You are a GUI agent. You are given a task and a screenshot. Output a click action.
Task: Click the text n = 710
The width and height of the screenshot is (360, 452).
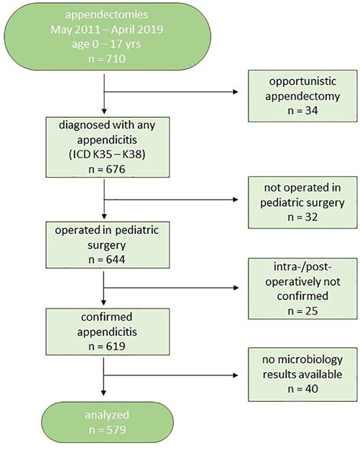[107, 58]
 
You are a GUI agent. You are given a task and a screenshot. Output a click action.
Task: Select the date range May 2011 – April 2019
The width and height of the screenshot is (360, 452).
[107, 30]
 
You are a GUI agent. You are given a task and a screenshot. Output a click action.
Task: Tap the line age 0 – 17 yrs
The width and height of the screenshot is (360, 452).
[106, 44]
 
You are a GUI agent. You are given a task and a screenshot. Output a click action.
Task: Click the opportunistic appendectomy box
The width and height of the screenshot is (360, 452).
[302, 96]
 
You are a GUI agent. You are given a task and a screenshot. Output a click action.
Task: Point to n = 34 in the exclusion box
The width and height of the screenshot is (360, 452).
[303, 110]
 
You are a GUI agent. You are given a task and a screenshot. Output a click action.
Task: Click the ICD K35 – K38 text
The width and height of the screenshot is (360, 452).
[107, 154]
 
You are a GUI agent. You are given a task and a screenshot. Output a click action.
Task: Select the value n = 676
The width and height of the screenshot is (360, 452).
[107, 169]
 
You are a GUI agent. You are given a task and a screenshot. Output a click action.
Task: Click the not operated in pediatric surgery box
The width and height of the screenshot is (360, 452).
[302, 202]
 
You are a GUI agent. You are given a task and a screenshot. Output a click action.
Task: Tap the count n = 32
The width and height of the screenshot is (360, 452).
[303, 217]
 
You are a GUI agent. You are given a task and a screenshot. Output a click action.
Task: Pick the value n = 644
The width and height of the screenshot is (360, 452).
[107, 260]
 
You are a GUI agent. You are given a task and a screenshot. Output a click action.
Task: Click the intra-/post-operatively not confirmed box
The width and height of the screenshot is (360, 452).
[302, 289]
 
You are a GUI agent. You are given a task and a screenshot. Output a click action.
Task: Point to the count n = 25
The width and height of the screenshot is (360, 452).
[303, 311]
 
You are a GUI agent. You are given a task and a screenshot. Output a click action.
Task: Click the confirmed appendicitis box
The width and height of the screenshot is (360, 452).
[108, 331]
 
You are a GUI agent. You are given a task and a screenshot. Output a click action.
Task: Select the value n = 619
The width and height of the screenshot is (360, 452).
[107, 346]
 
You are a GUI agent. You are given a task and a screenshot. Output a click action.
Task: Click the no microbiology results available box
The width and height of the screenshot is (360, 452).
[302, 375]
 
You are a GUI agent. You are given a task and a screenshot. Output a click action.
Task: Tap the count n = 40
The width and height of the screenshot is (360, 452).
[303, 389]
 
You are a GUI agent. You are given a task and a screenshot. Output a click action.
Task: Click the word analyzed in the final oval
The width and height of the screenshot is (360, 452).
[107, 415]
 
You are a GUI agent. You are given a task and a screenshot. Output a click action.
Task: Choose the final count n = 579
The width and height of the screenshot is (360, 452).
[107, 430]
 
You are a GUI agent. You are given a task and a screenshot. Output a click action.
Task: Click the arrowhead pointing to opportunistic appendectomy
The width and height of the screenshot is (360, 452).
[235, 92]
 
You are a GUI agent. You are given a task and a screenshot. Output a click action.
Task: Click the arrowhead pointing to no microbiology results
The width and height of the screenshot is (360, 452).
[235, 375]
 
